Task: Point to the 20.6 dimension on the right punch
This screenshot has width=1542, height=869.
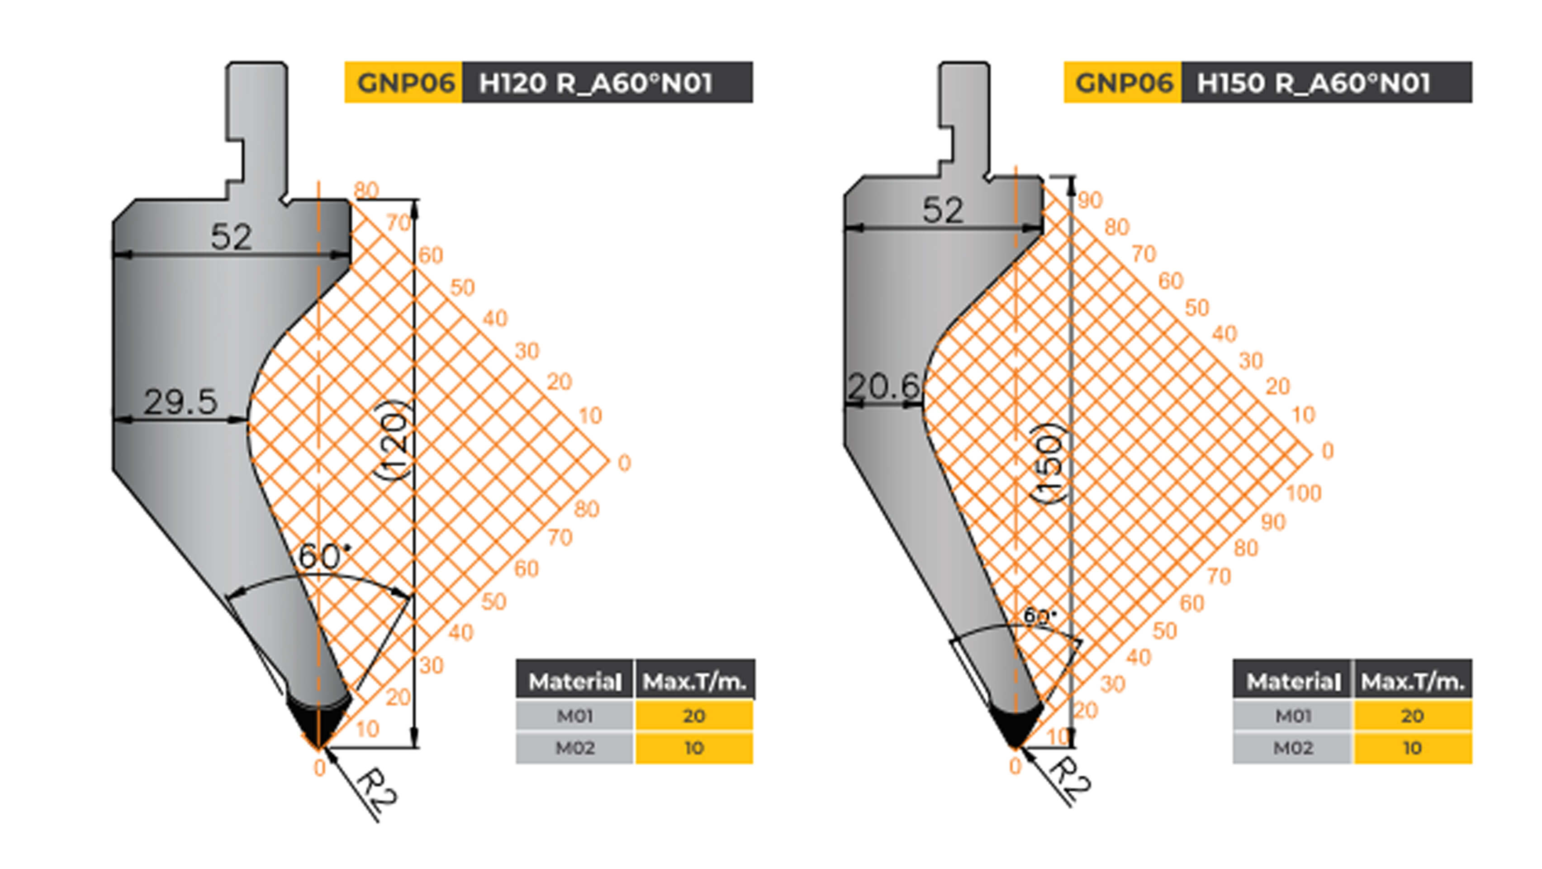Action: click(883, 386)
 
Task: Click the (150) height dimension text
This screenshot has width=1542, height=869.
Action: click(1049, 463)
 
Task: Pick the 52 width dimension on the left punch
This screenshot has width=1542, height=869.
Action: click(231, 237)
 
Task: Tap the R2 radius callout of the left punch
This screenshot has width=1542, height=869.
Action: click(377, 787)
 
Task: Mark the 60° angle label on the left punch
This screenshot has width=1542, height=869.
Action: click(324, 556)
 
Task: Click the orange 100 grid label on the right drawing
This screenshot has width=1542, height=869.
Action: click(1303, 493)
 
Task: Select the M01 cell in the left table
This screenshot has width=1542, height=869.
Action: click(574, 716)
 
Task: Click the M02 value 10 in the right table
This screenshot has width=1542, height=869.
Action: click(1412, 748)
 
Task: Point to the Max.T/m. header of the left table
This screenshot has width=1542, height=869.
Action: click(694, 681)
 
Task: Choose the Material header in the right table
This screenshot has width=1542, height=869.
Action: click(1292, 681)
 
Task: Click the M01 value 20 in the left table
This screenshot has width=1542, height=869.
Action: click(694, 716)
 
